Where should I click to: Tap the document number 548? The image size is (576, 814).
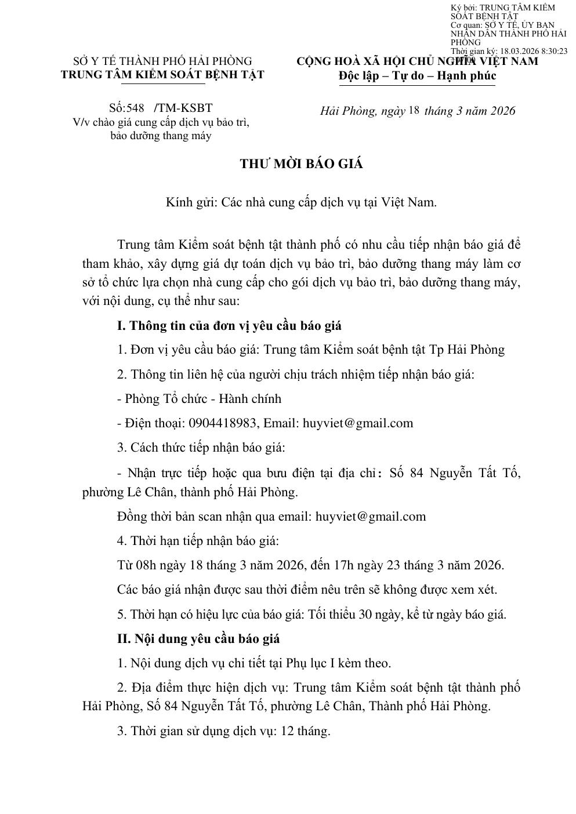pyautogui.click(x=135, y=108)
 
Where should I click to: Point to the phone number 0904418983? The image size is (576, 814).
pyautogui.click(x=223, y=423)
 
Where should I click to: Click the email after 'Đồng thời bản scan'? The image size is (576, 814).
pyautogui.click(x=370, y=517)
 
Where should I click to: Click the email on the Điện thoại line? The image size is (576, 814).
pyautogui.click(x=358, y=423)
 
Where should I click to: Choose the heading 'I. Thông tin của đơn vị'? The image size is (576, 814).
pyautogui.click(x=229, y=326)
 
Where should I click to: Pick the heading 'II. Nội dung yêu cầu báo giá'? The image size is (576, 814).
pyautogui.click(x=198, y=639)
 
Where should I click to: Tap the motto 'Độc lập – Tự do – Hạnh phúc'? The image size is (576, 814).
pyautogui.click(x=417, y=76)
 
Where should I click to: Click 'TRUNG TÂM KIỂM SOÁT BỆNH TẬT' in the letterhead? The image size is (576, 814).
pyautogui.click(x=162, y=75)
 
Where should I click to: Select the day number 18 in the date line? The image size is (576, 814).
pyautogui.click(x=414, y=110)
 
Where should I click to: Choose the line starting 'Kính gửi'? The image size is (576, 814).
pyautogui.click(x=301, y=202)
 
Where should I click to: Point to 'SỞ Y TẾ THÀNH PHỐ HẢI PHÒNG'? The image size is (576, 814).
pyautogui.click(x=162, y=61)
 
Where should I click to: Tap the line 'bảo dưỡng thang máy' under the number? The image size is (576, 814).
pyautogui.click(x=161, y=136)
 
